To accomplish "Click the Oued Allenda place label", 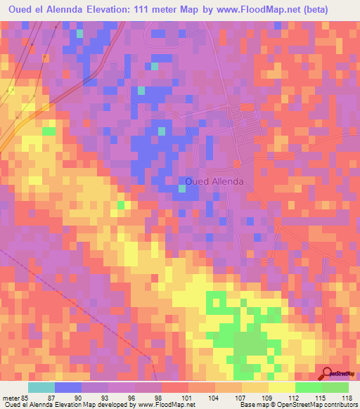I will click(x=215, y=181).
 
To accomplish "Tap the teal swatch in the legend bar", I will click(x=41, y=387).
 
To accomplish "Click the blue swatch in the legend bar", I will click(x=68, y=387).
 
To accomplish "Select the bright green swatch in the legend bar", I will click(x=309, y=387).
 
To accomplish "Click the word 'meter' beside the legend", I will click(x=10, y=397).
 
